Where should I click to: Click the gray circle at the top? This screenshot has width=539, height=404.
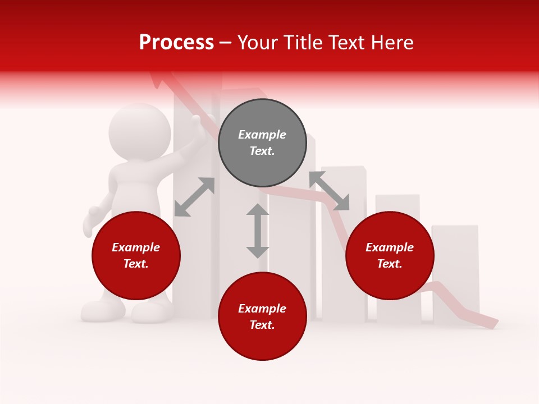pyautogui.click(x=262, y=143)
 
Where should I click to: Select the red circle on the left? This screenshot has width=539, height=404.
pyautogui.click(x=136, y=256)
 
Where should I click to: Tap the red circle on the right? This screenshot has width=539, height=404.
pyautogui.click(x=390, y=256)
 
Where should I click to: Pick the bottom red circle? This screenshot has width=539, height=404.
pyautogui.click(x=262, y=316)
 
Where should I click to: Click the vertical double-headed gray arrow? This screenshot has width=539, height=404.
pyautogui.click(x=258, y=231)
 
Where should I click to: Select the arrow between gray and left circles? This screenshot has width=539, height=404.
pyautogui.click(x=194, y=196)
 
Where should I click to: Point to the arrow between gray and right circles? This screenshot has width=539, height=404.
pyautogui.click(x=329, y=191)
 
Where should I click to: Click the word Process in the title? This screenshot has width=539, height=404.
pyautogui.click(x=176, y=43)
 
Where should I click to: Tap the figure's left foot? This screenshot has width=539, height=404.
pyautogui.click(x=102, y=310)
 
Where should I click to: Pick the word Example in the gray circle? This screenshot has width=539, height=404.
pyautogui.click(x=262, y=135)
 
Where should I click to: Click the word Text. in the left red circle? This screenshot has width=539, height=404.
pyautogui.click(x=136, y=264)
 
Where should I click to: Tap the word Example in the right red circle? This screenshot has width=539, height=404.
pyautogui.click(x=390, y=247)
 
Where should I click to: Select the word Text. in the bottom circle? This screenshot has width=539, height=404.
pyautogui.click(x=262, y=325)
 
